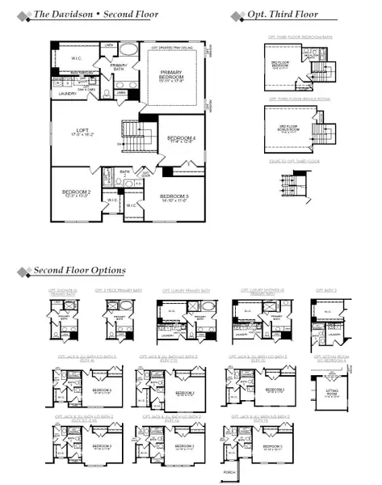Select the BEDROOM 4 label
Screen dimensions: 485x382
[x=181, y=138]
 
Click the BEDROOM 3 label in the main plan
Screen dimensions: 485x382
[x=174, y=196]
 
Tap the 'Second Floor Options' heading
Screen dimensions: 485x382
[x=79, y=270]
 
